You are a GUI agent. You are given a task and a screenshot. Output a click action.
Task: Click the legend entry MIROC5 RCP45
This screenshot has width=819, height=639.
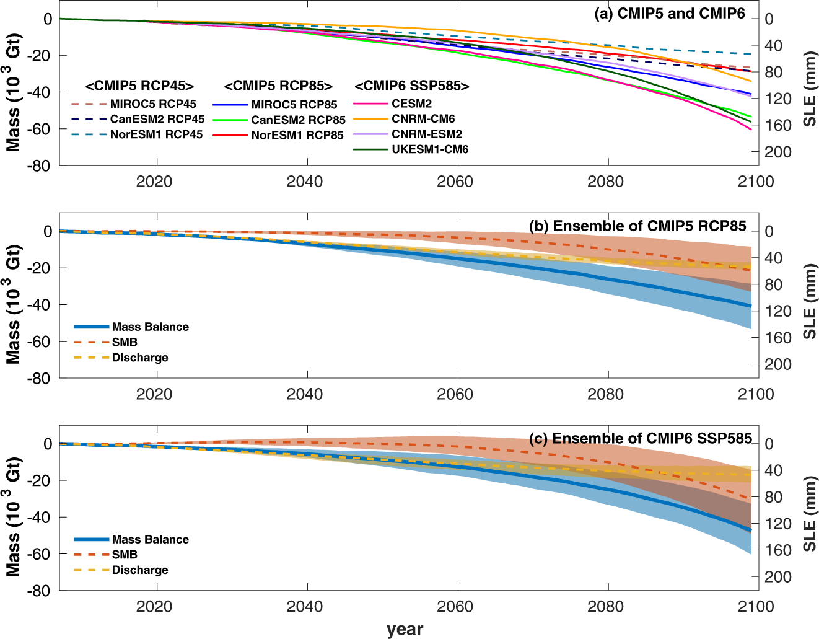click(x=153, y=104)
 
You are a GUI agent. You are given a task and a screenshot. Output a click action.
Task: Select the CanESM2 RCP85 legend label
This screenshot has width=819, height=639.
click(x=298, y=120)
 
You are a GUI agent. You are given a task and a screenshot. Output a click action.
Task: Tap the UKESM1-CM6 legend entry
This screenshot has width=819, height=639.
click(x=430, y=149)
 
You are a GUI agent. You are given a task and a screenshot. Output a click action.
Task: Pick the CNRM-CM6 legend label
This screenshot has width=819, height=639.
click(x=423, y=119)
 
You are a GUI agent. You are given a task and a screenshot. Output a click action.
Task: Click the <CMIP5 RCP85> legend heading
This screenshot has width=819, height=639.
click(x=278, y=86)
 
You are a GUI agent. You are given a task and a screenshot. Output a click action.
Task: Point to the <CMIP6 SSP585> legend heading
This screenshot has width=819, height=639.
click(x=412, y=86)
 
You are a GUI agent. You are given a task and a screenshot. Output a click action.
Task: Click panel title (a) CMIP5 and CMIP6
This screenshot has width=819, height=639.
click(x=670, y=14)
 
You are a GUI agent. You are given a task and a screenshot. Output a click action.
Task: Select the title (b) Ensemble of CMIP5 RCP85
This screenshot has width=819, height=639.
click(x=637, y=226)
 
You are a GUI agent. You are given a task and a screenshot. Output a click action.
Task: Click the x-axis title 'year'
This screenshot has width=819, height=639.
click(x=405, y=629)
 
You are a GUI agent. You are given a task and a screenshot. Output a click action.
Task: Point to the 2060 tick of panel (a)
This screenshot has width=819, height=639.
click(x=455, y=182)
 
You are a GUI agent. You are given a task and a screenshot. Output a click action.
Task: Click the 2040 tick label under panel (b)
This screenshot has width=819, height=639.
click(x=304, y=394)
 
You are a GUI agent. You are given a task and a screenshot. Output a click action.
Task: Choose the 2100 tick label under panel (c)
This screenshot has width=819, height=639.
click(x=756, y=607)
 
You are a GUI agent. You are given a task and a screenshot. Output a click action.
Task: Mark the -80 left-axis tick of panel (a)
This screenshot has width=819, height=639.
click(x=38, y=166)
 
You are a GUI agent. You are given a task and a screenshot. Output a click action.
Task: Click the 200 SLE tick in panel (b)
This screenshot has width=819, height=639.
click(x=777, y=364)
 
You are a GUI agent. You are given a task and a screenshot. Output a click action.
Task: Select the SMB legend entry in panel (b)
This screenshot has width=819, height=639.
click(x=125, y=342)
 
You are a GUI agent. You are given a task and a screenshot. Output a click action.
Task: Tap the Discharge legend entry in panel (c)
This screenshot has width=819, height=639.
click(x=140, y=570)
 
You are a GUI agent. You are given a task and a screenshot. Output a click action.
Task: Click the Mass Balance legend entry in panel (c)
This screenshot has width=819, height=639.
click(x=150, y=539)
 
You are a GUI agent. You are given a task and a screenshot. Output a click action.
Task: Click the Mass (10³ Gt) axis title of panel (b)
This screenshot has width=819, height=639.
click(x=14, y=304)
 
